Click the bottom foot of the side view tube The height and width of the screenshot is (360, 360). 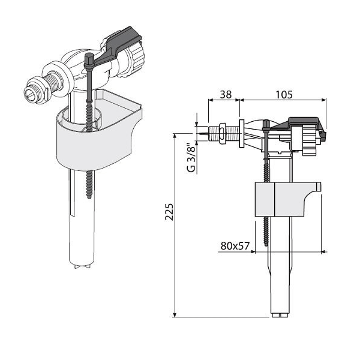pos(281,314)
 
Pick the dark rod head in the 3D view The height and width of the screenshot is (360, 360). pos(89,59)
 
